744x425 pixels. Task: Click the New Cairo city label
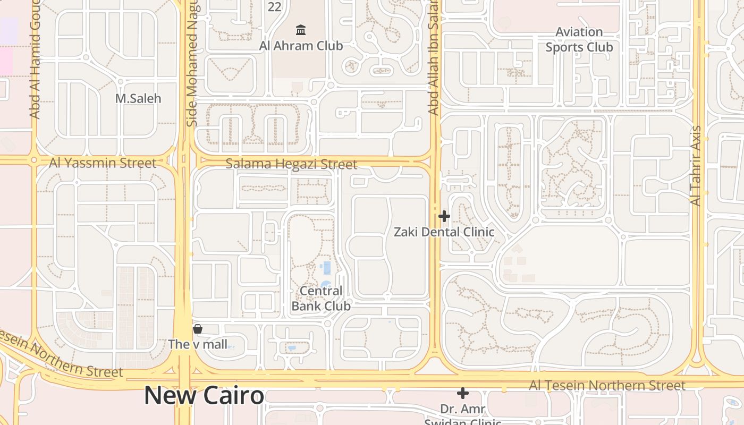pyautogui.click(x=204, y=396)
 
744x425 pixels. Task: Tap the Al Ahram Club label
pyautogui.click(x=301, y=46)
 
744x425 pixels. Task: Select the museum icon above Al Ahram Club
pyautogui.click(x=301, y=29)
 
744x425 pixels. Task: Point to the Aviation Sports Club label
pyautogui.click(x=579, y=40)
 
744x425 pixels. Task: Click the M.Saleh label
pyautogui.click(x=138, y=98)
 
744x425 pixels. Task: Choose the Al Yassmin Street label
pyautogui.click(x=103, y=163)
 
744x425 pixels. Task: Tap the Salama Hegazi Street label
pyautogui.click(x=291, y=164)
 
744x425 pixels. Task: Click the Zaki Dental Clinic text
pyautogui.click(x=444, y=232)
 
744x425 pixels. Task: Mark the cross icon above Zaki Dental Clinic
pyautogui.click(x=444, y=216)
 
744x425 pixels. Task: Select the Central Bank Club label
pyautogui.click(x=321, y=299)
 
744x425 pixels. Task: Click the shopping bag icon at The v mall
pyautogui.click(x=198, y=329)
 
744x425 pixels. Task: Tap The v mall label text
pyautogui.click(x=198, y=344)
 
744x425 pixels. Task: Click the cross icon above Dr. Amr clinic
pyautogui.click(x=463, y=393)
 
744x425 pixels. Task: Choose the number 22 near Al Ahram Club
pyautogui.click(x=274, y=7)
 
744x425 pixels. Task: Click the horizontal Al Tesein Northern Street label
pyautogui.click(x=607, y=386)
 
